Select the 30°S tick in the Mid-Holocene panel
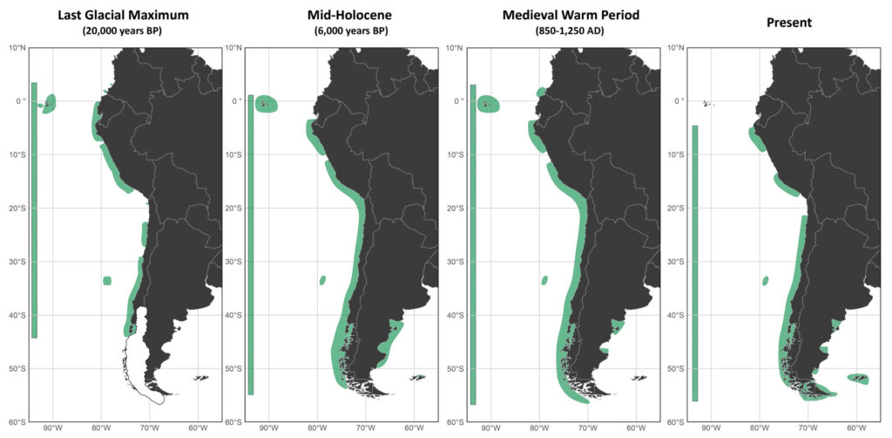(x=232, y=262)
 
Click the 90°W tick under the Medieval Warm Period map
(x=490, y=429)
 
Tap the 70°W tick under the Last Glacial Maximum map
(x=149, y=429)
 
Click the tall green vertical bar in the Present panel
(x=695, y=263)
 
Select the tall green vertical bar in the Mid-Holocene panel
(x=250, y=244)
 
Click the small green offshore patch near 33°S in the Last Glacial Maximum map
(x=107, y=280)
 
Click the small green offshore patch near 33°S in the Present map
(x=766, y=281)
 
